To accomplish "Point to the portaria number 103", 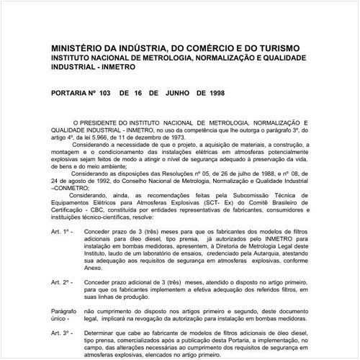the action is click(x=105, y=93).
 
